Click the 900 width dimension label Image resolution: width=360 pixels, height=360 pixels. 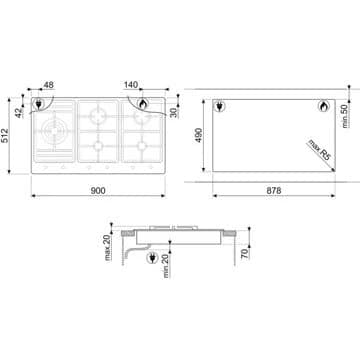[x=98, y=190]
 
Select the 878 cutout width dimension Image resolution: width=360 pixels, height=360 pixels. [x=274, y=190]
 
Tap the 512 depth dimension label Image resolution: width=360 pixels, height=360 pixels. [x=5, y=135]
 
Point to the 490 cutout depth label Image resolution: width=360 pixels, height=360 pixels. [x=198, y=135]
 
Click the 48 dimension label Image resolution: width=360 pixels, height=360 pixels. [x=49, y=85]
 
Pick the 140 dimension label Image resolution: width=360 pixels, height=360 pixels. [x=131, y=85]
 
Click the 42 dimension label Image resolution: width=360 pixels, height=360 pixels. [x=19, y=112]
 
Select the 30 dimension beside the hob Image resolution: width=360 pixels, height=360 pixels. [x=174, y=113]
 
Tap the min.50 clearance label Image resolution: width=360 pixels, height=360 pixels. [x=345, y=116]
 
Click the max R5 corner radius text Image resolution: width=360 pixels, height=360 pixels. [x=319, y=150]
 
